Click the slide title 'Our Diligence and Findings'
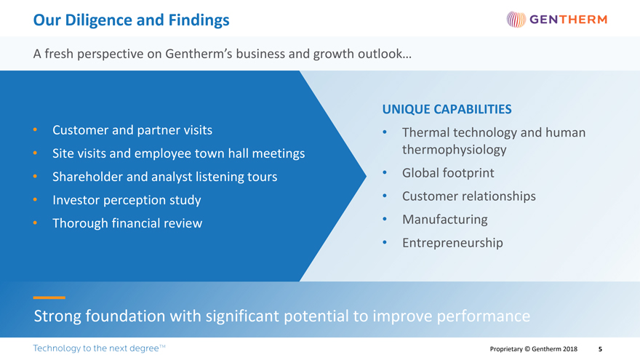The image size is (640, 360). (131, 20)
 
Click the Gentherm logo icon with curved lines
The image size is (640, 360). (515, 20)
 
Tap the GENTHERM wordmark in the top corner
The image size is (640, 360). (567, 20)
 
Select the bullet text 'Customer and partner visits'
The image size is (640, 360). (132, 130)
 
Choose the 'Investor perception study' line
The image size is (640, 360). (127, 200)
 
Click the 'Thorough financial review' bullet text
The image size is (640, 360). (127, 223)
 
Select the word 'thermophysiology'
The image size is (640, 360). (454, 150)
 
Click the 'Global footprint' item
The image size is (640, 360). (448, 173)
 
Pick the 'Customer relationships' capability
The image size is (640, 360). (468, 196)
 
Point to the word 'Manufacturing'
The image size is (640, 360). (444, 219)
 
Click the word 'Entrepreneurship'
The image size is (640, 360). (452, 242)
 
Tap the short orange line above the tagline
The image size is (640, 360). (49, 297)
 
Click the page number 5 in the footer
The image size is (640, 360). (600, 349)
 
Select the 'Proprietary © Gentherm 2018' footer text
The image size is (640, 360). (534, 349)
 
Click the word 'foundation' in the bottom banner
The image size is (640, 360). (124, 317)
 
